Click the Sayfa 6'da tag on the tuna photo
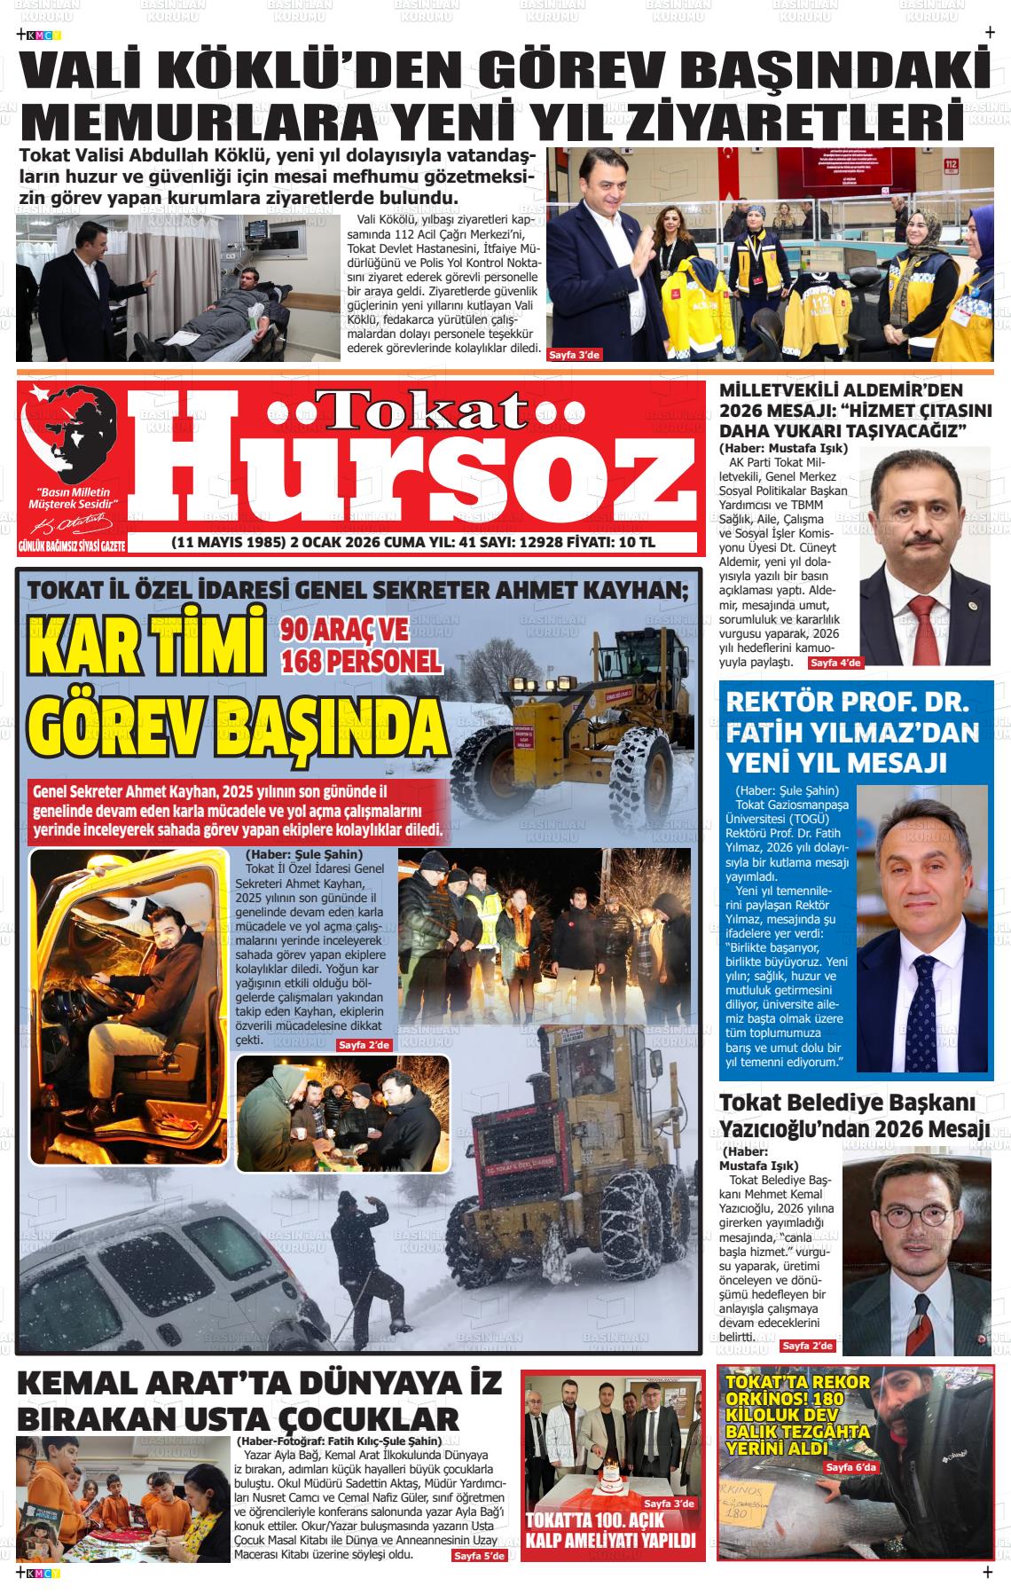point(850,1467)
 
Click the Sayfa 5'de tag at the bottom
point(479,1581)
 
